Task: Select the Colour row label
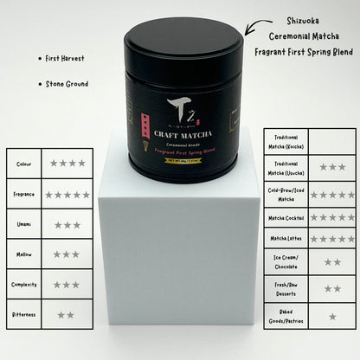point(23,163)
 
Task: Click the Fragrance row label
point(23,194)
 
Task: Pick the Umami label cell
point(23,224)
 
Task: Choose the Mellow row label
point(23,254)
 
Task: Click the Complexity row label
point(23,284)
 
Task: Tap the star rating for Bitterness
point(67,314)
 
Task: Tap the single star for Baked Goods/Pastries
point(332,317)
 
